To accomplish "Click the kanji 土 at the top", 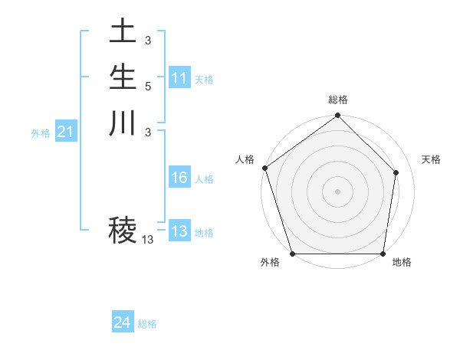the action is tap(123, 34).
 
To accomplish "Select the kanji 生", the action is tap(123, 78).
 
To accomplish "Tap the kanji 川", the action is tap(123, 123).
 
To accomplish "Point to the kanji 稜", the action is tap(123, 229).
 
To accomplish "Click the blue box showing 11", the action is tap(179, 78).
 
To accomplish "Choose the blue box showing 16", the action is tap(179, 178).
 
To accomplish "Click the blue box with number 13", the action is tap(179, 232).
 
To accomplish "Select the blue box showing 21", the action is tap(65, 133).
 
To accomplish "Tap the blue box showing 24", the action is tap(122, 323).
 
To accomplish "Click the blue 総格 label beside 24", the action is tap(147, 324).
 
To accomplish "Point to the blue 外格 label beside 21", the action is tap(41, 133).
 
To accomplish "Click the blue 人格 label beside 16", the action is tap(204, 179).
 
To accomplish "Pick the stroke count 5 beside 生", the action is tap(148, 86).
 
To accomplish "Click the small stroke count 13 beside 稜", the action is tap(147, 240).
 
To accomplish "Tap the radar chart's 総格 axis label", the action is tap(338, 100).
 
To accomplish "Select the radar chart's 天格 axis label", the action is tap(431, 159).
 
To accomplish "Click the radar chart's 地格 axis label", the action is tap(402, 262).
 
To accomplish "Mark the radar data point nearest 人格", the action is tap(264, 168).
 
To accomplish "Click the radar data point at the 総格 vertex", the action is tap(338, 116).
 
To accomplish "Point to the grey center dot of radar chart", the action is tap(338, 191).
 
